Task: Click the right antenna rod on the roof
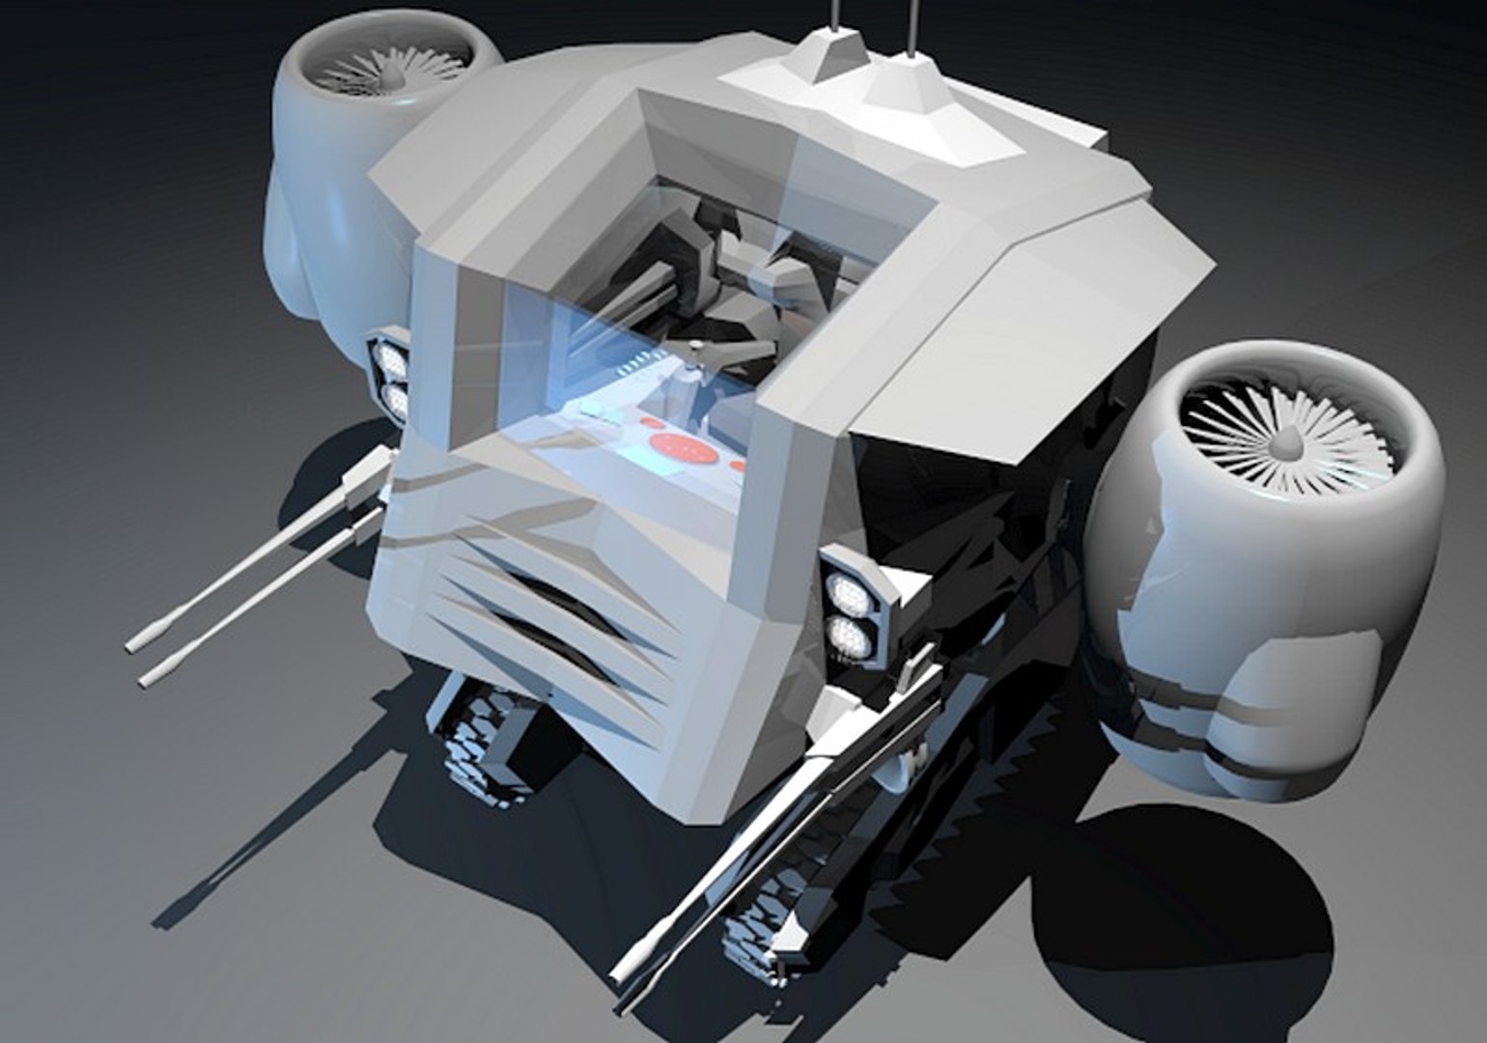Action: (909, 24)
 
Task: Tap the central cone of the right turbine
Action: (1289, 443)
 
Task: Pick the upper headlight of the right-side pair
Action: (846, 589)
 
